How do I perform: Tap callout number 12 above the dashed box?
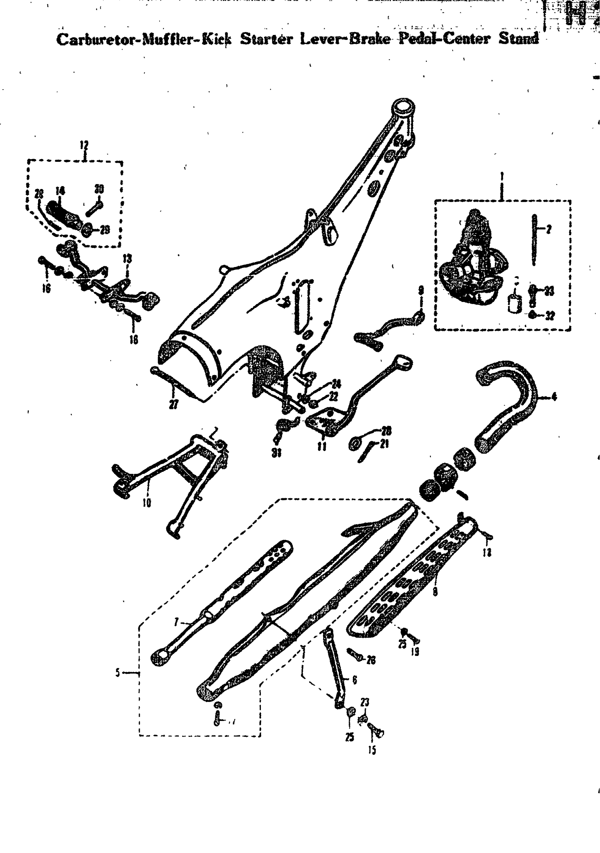point(85,145)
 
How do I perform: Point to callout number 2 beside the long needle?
point(549,229)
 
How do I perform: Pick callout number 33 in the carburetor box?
point(549,291)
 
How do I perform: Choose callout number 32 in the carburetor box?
point(550,315)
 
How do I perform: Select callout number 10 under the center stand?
point(147,503)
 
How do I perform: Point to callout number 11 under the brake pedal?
point(322,446)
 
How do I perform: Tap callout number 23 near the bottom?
point(365,702)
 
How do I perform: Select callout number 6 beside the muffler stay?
point(355,680)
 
